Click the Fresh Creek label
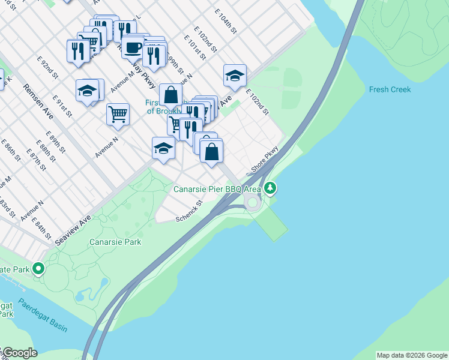click(x=390, y=89)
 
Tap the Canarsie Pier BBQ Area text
click(x=217, y=189)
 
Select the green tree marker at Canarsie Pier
click(x=271, y=189)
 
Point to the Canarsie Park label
click(x=115, y=242)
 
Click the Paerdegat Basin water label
click(x=42, y=315)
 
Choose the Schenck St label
click(x=190, y=211)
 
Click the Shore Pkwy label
click(x=265, y=160)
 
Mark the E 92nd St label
click(x=47, y=68)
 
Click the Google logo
click(x=19, y=353)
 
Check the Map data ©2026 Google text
click(x=411, y=355)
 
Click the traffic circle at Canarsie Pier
click(x=252, y=203)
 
